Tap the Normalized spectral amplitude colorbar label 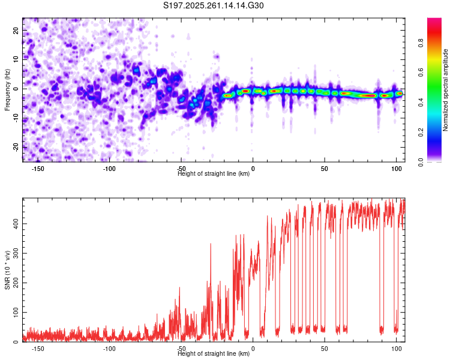pyautogui.click(x=446, y=90)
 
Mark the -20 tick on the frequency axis pyautogui.click(x=16, y=147)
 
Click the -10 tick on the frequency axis pyautogui.click(x=16, y=118)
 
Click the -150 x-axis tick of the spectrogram pyautogui.click(x=37, y=169)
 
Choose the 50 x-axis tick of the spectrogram pyautogui.click(x=325, y=169)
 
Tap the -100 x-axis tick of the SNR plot pyautogui.click(x=109, y=349)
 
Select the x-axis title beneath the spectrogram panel pyautogui.click(x=214, y=175)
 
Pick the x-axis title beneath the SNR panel pyautogui.click(x=214, y=355)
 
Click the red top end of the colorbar pyautogui.click(x=434, y=21)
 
